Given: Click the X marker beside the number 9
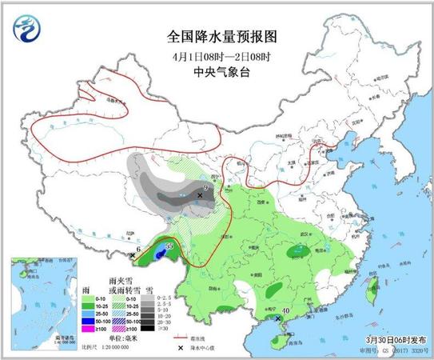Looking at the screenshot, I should (x=200, y=194).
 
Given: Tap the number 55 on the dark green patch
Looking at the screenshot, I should (x=169, y=246).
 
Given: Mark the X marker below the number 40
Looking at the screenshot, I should (x=278, y=319).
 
